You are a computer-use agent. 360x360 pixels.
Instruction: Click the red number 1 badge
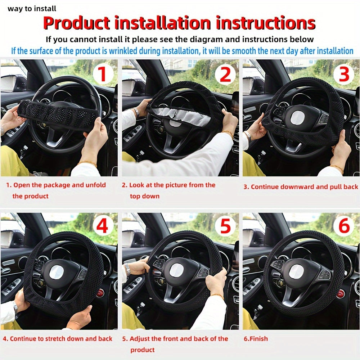[103, 74]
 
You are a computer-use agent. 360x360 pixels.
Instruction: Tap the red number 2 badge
[225, 74]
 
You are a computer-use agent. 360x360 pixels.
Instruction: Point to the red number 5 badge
[225, 227]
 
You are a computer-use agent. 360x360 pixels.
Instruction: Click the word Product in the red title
[76, 23]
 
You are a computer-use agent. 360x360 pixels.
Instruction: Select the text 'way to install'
[32, 9]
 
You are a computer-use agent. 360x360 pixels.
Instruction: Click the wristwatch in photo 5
[127, 269]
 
